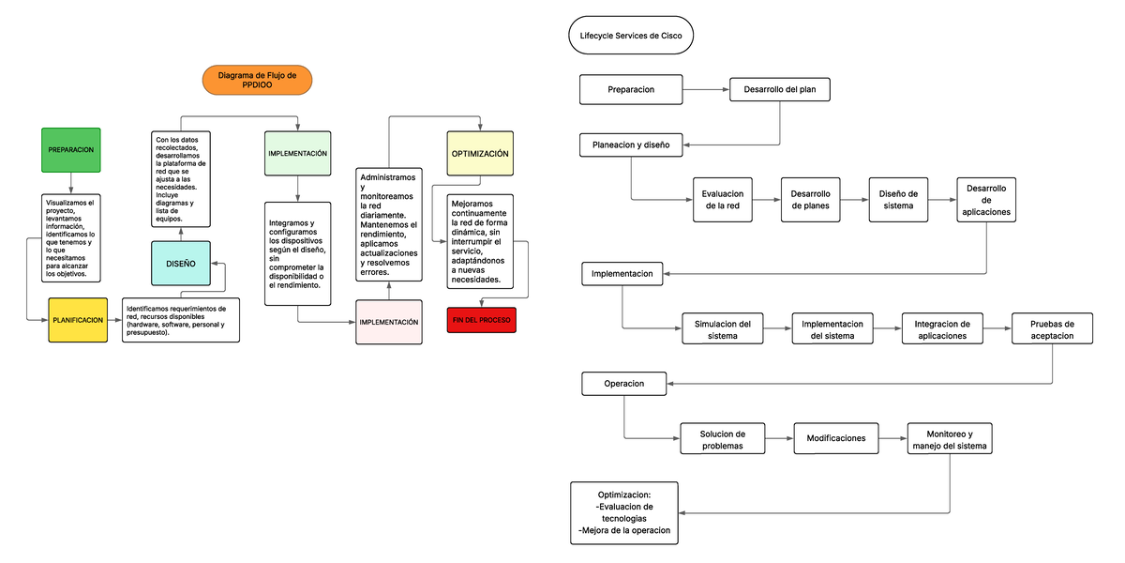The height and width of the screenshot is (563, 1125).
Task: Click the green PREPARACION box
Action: tap(70, 150)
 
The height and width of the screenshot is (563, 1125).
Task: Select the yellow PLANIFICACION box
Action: tap(78, 320)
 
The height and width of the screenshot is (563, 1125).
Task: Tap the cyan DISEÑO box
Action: tap(181, 264)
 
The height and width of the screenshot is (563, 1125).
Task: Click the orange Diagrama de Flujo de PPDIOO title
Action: tap(257, 81)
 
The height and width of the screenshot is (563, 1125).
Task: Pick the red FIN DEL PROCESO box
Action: tap(482, 320)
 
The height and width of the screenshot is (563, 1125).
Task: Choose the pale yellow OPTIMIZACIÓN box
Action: tap(480, 153)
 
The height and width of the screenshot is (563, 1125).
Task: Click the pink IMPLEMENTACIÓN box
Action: tap(388, 322)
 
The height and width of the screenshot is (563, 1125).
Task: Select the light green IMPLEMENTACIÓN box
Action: tap(297, 153)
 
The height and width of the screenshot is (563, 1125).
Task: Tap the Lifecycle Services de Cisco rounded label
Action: tap(631, 38)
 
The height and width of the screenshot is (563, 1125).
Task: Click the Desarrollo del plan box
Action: tap(780, 89)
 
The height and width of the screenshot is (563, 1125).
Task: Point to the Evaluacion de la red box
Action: tap(722, 200)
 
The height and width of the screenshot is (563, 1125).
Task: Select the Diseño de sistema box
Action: tap(897, 200)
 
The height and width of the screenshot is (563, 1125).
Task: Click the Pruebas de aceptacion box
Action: tap(1052, 329)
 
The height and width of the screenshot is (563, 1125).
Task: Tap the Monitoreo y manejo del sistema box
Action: tap(950, 440)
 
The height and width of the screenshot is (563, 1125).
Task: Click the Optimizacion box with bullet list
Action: tap(624, 512)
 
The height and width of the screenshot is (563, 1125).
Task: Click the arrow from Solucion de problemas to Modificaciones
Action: tap(779, 438)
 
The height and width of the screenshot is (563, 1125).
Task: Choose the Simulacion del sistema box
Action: tap(722, 329)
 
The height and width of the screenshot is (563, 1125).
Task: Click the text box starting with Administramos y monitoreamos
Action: tap(388, 225)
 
